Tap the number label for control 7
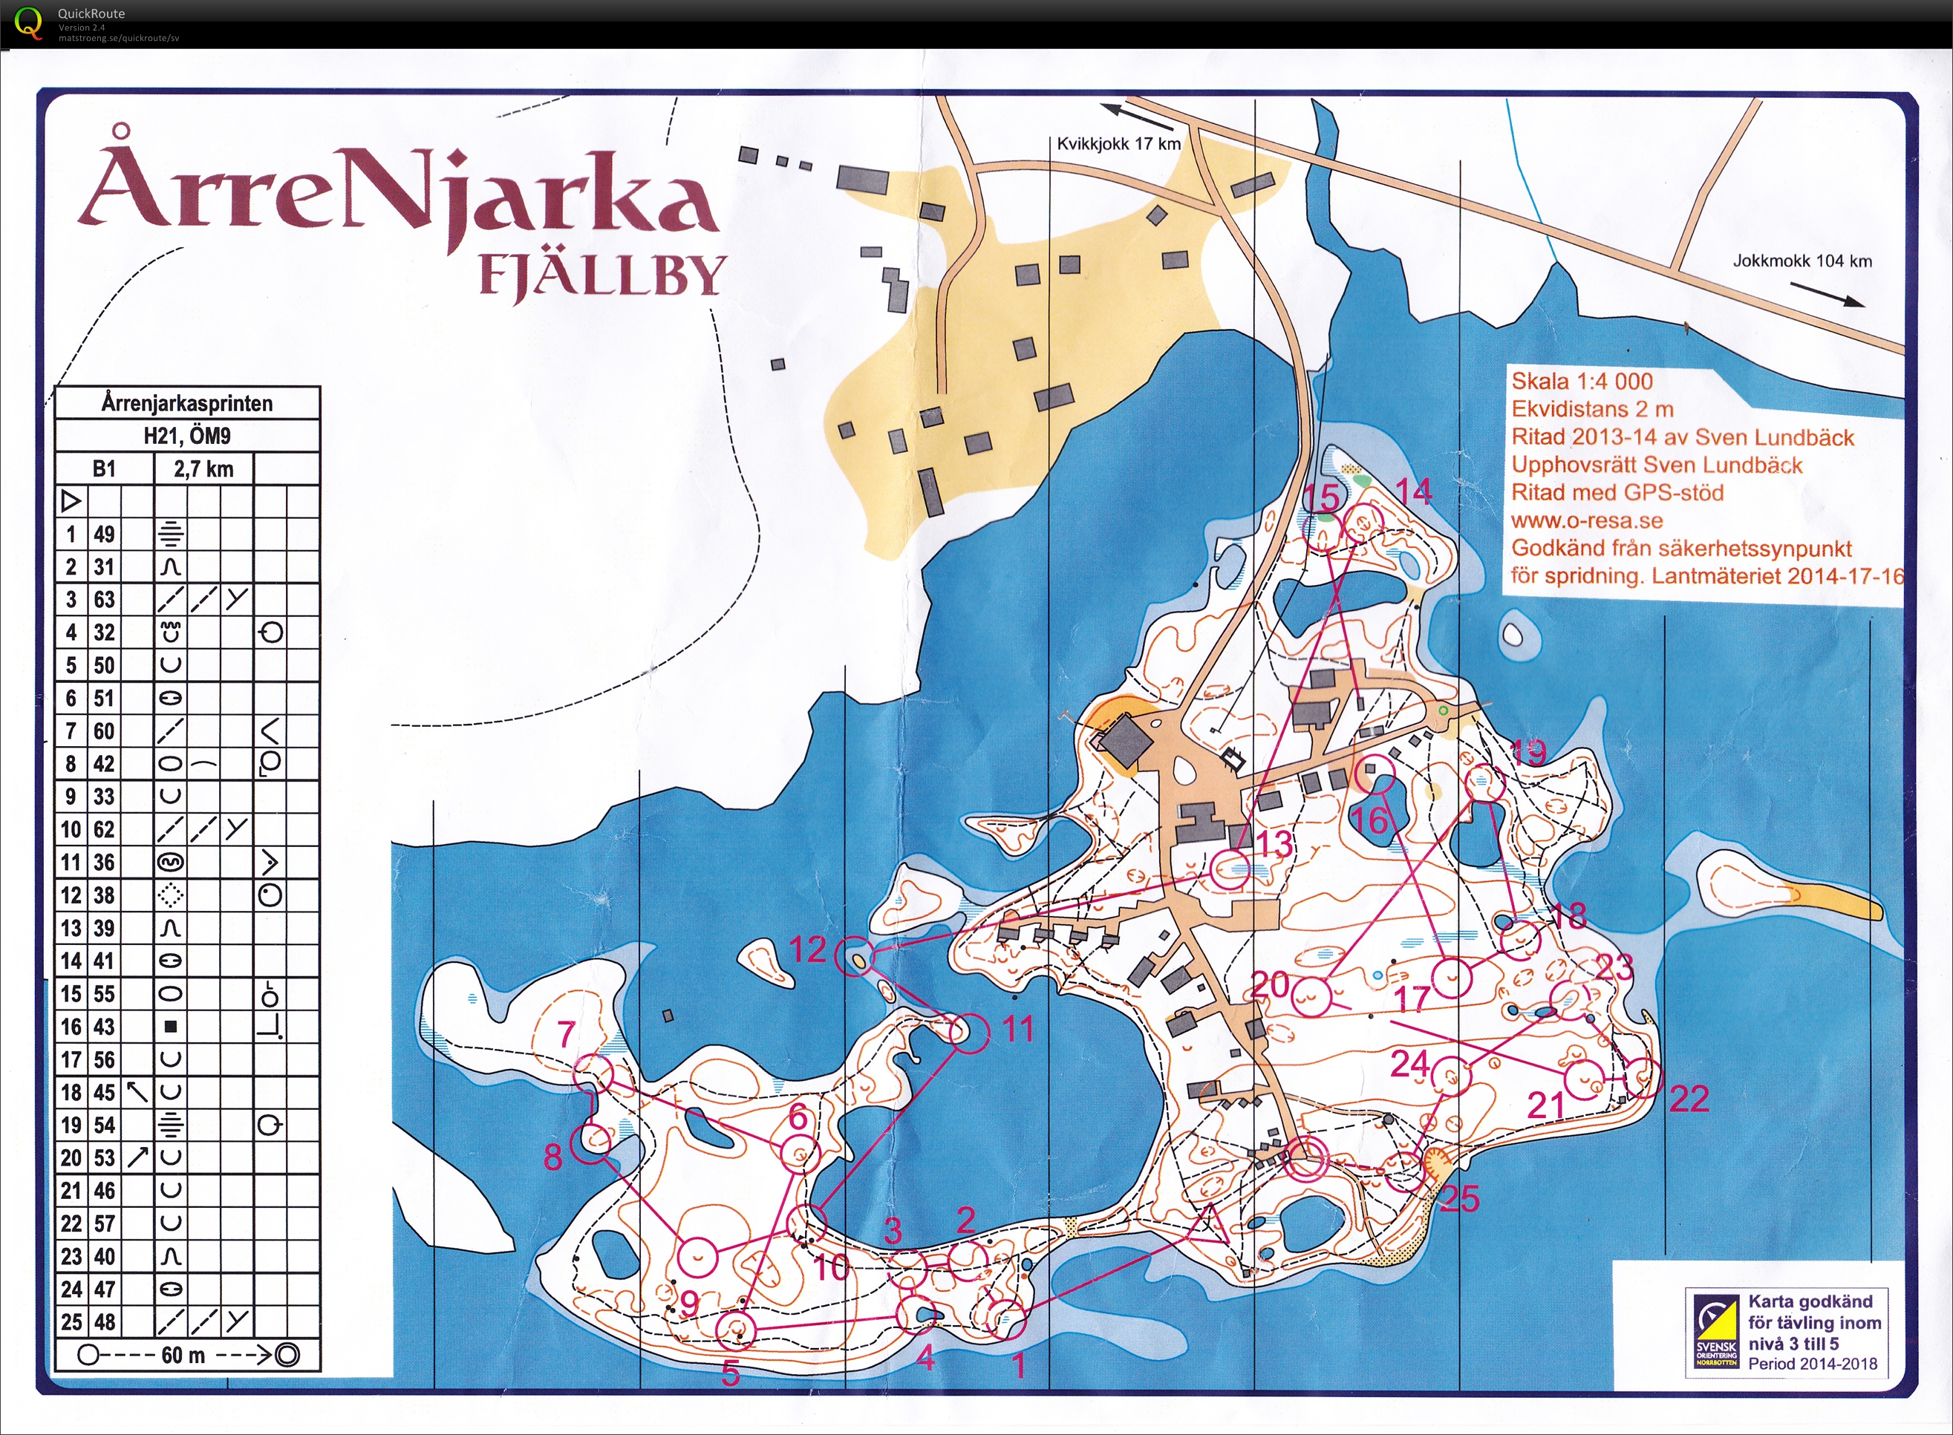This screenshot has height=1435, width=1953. tap(567, 1033)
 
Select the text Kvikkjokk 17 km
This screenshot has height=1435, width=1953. tap(1118, 144)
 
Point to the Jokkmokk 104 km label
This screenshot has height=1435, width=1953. tap(1802, 261)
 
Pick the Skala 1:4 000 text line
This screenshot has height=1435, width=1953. tap(1581, 382)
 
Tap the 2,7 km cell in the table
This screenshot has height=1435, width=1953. tap(203, 470)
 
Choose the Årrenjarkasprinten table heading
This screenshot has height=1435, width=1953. tap(187, 403)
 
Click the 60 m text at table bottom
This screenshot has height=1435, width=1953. tap(183, 1355)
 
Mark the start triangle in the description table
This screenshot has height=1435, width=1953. tap(71, 501)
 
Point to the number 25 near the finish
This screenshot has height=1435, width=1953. tap(1459, 1199)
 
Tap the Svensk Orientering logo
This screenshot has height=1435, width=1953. tap(1717, 1333)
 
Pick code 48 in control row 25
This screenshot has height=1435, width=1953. tap(104, 1322)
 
